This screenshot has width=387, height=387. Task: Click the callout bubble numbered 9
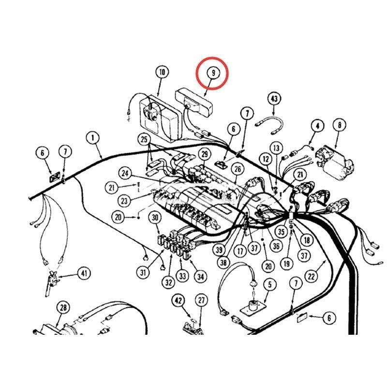[x=213, y=73]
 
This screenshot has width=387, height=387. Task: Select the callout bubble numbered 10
[x=162, y=72]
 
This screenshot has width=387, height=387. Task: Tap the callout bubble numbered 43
[x=274, y=99]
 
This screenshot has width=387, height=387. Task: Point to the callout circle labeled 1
[x=93, y=138]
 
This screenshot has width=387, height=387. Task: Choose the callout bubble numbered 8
[x=340, y=125]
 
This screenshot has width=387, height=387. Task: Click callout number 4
[x=317, y=126]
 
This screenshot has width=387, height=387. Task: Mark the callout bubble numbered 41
[x=84, y=273]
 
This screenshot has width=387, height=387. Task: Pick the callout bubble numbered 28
[x=63, y=308]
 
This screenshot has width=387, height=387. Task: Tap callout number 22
[x=311, y=276]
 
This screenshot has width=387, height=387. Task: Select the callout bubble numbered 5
[x=269, y=284]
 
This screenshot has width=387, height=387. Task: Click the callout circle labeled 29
[x=205, y=154]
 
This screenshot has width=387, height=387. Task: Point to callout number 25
[x=144, y=139]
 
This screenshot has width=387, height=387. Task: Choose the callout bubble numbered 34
[x=200, y=277]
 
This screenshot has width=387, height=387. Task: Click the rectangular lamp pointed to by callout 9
[x=194, y=101]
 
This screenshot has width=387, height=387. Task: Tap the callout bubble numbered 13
[x=276, y=148]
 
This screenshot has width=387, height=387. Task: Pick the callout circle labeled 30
[x=155, y=217]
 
